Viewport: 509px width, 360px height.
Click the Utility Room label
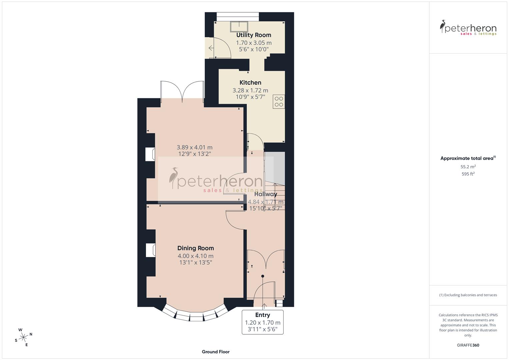(254, 35)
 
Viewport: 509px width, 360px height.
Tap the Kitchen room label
(250, 83)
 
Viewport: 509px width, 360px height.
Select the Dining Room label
(195, 248)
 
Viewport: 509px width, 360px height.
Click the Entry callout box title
(263, 315)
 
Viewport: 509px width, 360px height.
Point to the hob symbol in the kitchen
(279, 102)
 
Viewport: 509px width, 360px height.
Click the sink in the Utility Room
(239, 26)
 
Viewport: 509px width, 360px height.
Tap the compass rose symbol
(23, 337)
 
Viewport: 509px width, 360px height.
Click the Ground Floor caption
(216, 352)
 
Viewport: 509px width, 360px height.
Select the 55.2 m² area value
(468, 167)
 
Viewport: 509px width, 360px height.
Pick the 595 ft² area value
(468, 174)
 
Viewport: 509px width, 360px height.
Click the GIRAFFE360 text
(468, 345)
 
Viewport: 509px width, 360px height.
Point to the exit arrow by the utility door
(211, 48)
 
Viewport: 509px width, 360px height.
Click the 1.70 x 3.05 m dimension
(254, 43)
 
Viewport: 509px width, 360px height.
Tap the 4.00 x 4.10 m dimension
(195, 256)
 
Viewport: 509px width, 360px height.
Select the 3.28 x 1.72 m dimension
(250, 90)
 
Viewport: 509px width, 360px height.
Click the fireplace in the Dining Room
(151, 250)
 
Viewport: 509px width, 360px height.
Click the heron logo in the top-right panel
(443, 26)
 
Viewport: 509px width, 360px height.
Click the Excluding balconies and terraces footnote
(468, 295)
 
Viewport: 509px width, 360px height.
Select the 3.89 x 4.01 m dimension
(195, 147)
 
